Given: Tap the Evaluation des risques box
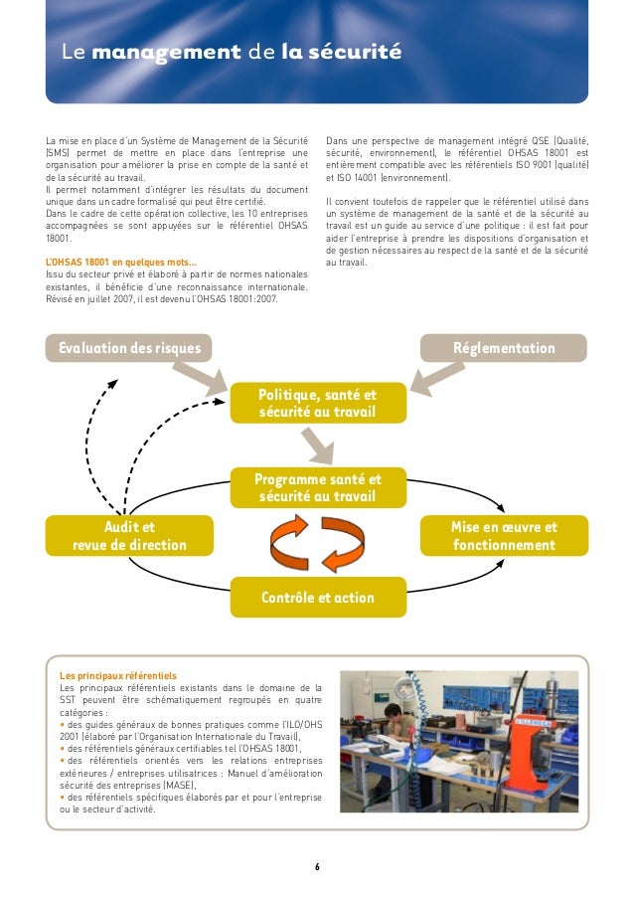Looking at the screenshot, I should pos(129,348).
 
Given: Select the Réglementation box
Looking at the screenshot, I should pos(504,348).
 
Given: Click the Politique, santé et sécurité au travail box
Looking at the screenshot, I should pos(317,403).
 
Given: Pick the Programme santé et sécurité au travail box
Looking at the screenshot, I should pos(317,487).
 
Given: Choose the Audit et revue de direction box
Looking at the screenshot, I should pos(129,536).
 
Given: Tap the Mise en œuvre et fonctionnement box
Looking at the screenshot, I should pos(504,536).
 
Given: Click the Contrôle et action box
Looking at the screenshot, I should pos(317,598).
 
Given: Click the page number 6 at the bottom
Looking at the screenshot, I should pos(317,867).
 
